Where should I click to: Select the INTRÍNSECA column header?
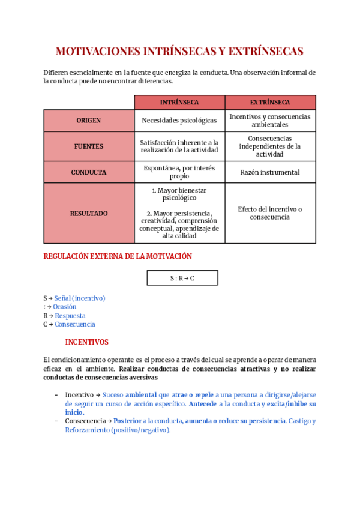coord(179,103)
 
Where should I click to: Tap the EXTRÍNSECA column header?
coord(270,103)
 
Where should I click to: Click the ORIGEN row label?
coord(89,121)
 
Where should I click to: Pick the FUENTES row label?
coord(89,146)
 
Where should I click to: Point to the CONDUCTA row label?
coord(89,172)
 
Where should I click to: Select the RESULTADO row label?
coord(89,213)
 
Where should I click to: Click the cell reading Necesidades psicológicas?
coord(179,121)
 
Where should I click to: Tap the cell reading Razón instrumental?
coord(270,172)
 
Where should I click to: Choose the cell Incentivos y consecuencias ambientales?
coord(270,121)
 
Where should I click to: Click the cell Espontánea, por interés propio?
coord(179,172)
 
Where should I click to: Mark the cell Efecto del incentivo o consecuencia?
coord(270,213)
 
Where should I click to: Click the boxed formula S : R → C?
coord(182,278)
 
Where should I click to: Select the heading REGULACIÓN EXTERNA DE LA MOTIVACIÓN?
coord(118,256)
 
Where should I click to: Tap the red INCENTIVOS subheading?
coord(87,342)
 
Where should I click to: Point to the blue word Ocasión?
coord(65,307)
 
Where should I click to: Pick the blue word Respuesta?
coord(70,316)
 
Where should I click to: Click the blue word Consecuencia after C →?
coord(75,324)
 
